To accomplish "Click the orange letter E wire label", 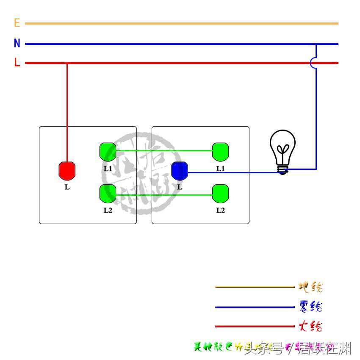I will pyautogui.click(x=17, y=23).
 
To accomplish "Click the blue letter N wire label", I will pyautogui.click(x=17, y=43).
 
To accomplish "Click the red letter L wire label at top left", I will pyautogui.click(x=17, y=63).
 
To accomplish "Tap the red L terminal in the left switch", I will pyautogui.click(x=67, y=170).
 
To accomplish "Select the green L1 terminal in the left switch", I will pyautogui.click(x=108, y=151).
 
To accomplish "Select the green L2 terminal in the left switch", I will pyautogui.click(x=108, y=193).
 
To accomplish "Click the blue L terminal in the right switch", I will pyautogui.click(x=180, y=170).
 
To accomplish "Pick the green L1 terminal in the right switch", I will pyautogui.click(x=220, y=151).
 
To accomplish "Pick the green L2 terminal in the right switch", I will pyautogui.click(x=220, y=193).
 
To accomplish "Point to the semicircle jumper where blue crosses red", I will pyautogui.click(x=314, y=63).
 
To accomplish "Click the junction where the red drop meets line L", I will pyautogui.click(x=67, y=63).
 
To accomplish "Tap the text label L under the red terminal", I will pyautogui.click(x=67, y=187).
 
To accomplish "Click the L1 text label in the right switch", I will pyautogui.click(x=220, y=169).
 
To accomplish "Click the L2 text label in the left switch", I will pyautogui.click(x=108, y=210).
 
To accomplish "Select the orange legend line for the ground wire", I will pyautogui.click(x=254, y=287).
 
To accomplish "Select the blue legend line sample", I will pyautogui.click(x=254, y=307).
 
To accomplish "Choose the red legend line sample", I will pyautogui.click(x=254, y=327).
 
